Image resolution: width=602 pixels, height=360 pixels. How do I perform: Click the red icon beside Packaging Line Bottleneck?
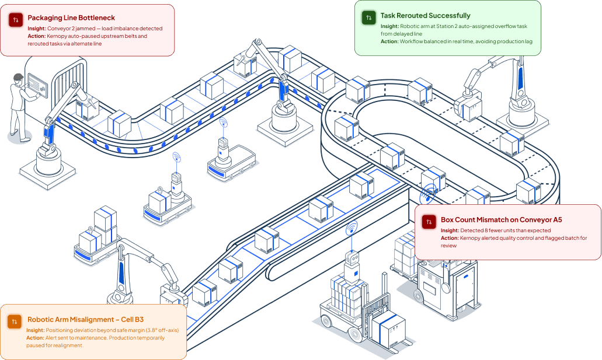tap(16, 20)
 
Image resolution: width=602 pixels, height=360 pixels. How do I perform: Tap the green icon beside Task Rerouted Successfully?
tap(368, 18)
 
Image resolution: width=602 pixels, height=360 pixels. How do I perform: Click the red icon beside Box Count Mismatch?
tap(429, 222)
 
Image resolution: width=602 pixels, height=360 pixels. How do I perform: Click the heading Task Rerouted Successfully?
tap(425, 16)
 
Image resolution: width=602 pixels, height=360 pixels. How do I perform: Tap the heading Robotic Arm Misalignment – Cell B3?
tap(85, 320)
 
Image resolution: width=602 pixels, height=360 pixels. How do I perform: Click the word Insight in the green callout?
tap(389, 26)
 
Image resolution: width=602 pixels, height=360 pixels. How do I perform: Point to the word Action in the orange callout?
tap(35, 338)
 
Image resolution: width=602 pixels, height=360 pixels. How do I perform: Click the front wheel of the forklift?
tap(355, 334)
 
